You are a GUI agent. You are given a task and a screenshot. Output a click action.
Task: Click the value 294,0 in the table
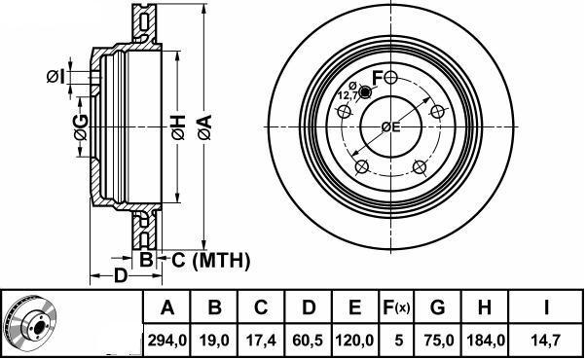[x=167, y=341]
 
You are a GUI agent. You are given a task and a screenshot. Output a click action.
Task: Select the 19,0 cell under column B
[x=214, y=341]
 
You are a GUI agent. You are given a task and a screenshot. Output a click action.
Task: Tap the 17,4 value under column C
[x=261, y=341]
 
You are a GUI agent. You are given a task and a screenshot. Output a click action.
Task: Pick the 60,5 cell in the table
[x=308, y=341]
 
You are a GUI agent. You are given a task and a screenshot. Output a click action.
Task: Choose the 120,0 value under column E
[x=354, y=341]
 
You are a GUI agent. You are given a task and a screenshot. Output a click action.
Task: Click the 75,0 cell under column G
[x=439, y=341]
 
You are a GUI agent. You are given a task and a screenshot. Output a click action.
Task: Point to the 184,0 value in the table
[x=486, y=341]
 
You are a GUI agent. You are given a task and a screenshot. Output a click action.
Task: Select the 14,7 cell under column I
[x=545, y=341]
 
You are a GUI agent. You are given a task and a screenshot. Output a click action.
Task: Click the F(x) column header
[x=396, y=307]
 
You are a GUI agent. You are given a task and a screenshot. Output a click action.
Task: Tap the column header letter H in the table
[x=485, y=307]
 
